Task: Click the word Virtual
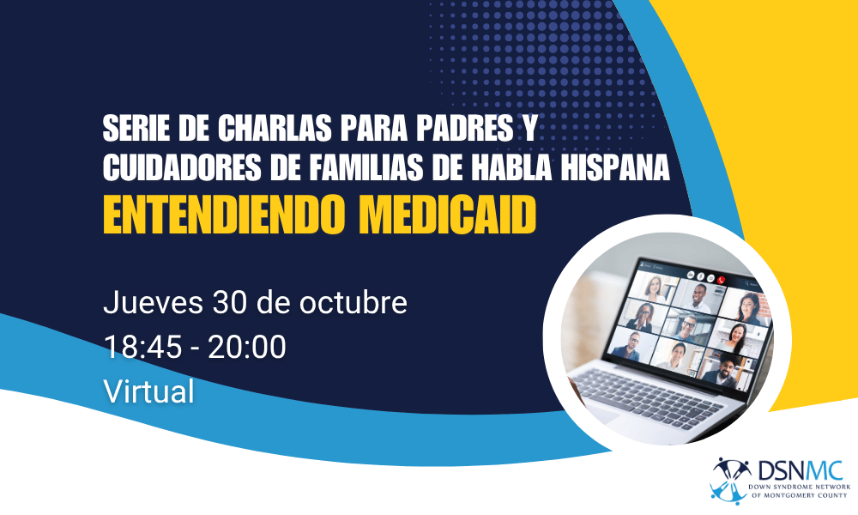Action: tap(148, 391)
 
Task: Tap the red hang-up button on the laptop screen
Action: tap(722, 278)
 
